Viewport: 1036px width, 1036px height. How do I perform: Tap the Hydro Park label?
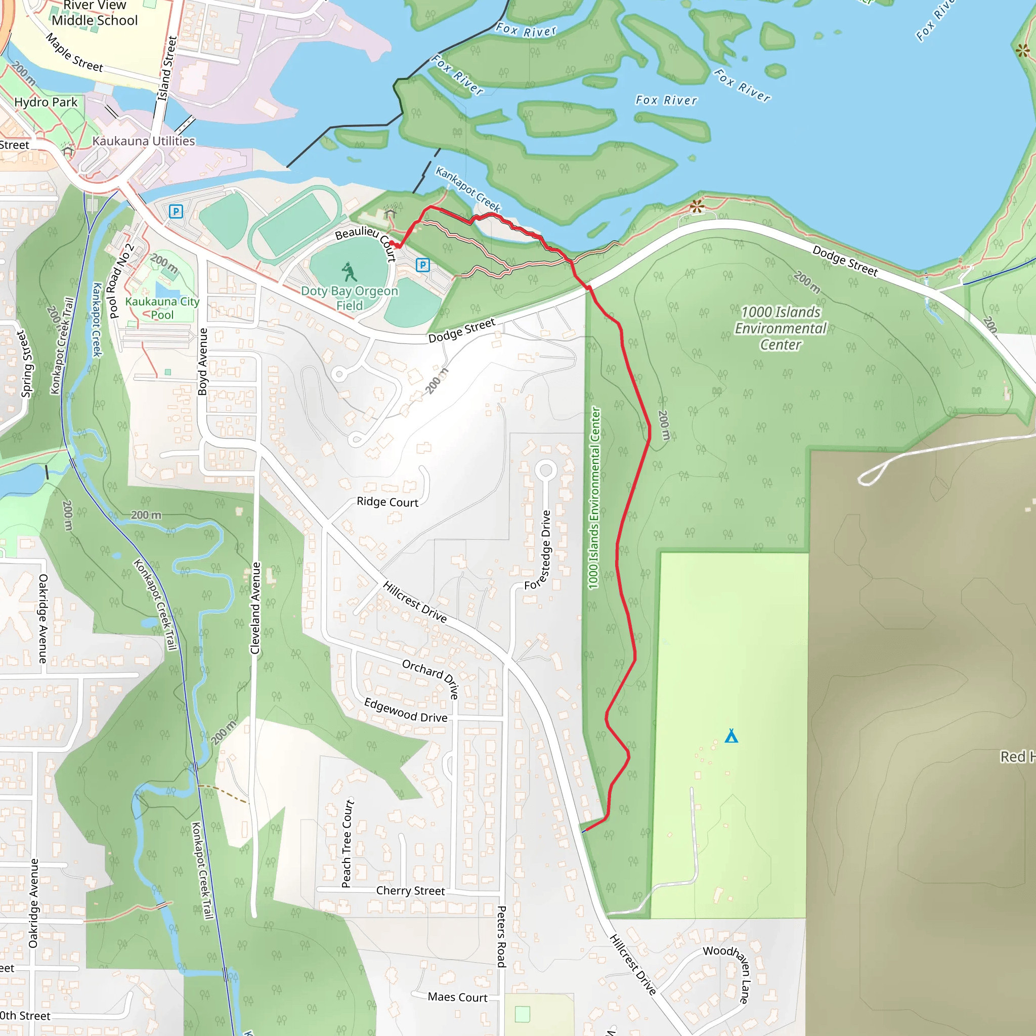click(46, 102)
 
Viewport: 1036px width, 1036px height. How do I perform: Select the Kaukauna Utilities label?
click(144, 141)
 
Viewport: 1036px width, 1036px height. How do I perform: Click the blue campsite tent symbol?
click(731, 736)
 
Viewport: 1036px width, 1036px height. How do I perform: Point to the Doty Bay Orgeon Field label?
click(350, 298)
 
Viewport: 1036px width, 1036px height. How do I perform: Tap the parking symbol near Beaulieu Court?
click(422, 265)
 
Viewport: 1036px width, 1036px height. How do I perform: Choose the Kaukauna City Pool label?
click(162, 309)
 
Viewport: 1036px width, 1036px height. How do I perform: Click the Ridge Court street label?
click(387, 502)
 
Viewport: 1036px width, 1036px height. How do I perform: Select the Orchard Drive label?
click(431, 678)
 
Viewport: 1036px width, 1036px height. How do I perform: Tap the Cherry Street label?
click(410, 891)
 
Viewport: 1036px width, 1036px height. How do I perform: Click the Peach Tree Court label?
click(348, 843)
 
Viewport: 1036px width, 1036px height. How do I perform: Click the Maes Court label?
click(457, 998)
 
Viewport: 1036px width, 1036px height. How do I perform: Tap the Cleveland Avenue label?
click(256, 608)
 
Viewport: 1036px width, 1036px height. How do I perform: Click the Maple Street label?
click(74, 53)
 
